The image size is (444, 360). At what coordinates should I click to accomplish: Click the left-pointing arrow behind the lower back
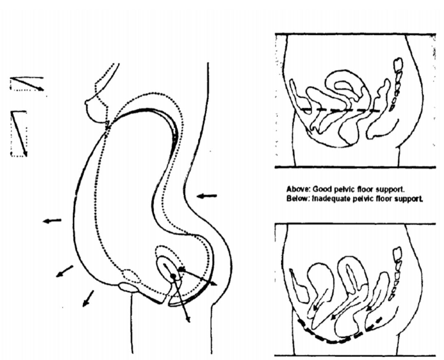(207, 196)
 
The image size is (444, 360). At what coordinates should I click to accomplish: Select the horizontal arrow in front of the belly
(52, 220)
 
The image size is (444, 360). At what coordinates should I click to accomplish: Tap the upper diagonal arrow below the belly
(65, 271)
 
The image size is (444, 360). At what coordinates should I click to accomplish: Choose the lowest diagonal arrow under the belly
(88, 298)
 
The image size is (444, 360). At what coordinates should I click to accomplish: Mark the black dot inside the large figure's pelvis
(173, 276)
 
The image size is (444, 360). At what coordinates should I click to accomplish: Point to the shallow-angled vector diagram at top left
(27, 84)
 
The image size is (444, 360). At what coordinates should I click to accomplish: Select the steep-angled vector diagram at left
(19, 134)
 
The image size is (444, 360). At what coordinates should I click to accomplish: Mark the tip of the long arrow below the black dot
(189, 322)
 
